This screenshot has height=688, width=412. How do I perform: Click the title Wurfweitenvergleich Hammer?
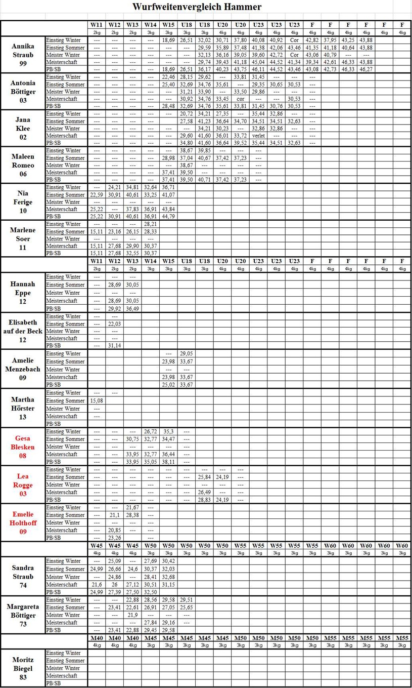(x=197, y=7)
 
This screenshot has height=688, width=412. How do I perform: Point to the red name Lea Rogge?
(x=23, y=484)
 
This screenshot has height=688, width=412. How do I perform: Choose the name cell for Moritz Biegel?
(x=23, y=668)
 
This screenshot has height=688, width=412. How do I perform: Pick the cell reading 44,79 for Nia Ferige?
(x=168, y=217)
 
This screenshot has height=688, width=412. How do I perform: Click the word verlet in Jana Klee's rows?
(x=258, y=136)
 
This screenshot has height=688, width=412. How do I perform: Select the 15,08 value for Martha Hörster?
(x=97, y=400)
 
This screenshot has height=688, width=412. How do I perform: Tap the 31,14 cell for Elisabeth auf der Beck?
(x=115, y=345)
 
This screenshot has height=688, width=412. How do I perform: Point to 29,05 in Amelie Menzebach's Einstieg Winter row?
(x=187, y=353)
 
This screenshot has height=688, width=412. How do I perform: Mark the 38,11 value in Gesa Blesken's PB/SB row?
(x=168, y=462)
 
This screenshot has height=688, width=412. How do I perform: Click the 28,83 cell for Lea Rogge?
(x=204, y=500)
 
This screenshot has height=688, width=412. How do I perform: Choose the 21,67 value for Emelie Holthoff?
(x=132, y=507)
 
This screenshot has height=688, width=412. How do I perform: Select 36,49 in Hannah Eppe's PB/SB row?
(x=132, y=308)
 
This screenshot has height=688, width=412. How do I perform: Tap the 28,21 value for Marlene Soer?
(x=151, y=224)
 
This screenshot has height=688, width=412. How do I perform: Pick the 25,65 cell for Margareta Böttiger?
(x=187, y=607)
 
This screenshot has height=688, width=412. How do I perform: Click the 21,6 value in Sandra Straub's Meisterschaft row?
(x=97, y=584)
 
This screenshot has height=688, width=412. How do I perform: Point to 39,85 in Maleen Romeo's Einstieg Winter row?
(x=204, y=150)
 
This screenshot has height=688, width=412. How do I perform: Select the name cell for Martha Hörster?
(x=23, y=408)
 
